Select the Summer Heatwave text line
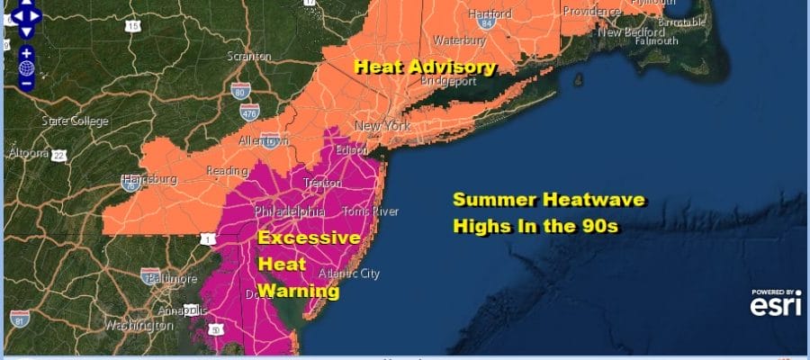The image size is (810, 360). (x=548, y=200)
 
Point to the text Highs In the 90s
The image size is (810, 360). (x=537, y=225)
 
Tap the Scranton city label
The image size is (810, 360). (x=249, y=56)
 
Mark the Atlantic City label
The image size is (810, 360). (x=355, y=274)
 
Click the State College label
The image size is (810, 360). (x=75, y=121)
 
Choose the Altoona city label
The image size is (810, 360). (x=24, y=154)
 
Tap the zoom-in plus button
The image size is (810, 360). (x=26, y=53)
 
